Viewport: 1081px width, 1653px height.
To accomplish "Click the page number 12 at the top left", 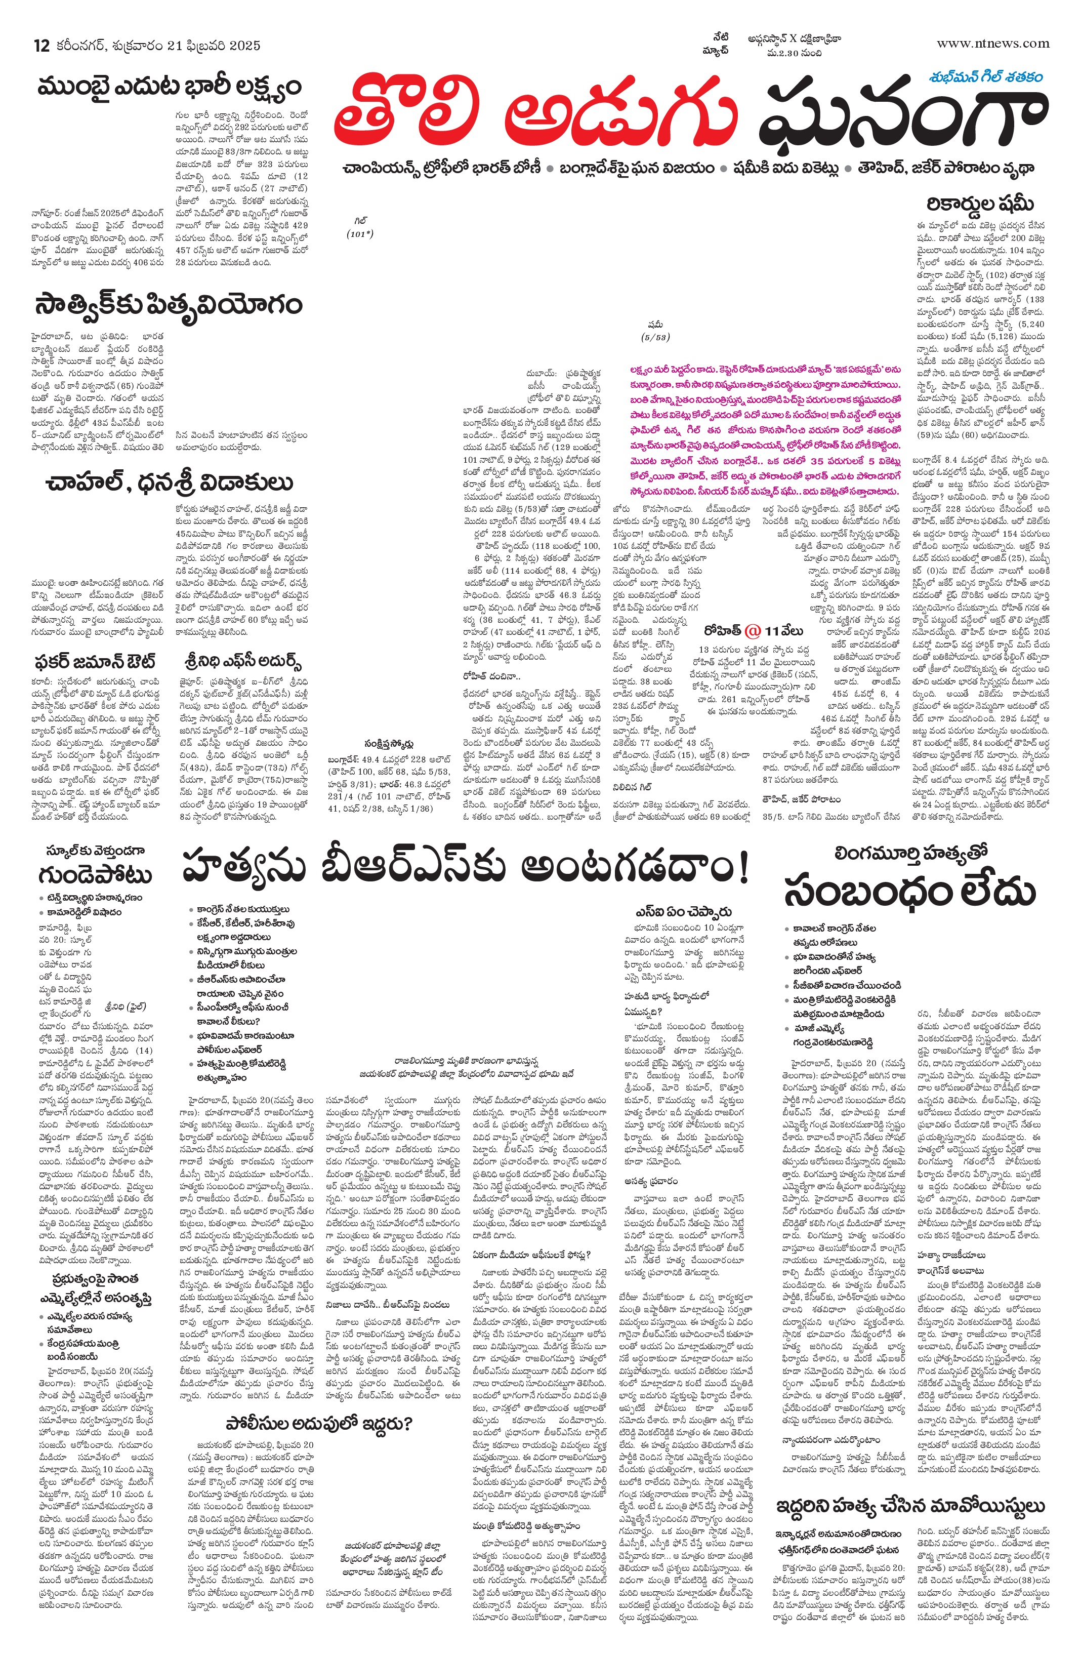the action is pos(41,46).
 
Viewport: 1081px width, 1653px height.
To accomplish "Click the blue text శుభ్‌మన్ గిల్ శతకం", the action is pos(985,77).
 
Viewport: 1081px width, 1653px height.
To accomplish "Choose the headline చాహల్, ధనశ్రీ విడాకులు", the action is pos(170,482).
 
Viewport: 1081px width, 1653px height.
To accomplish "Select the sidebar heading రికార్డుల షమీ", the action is pos(980,204).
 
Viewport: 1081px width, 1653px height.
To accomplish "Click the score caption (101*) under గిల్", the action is pos(360,233).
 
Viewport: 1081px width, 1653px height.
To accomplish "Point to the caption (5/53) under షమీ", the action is pos(655,338).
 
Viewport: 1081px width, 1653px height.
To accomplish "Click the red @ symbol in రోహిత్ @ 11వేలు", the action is pos(753,631).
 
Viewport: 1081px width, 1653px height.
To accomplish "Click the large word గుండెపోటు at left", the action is pos(96,874).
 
